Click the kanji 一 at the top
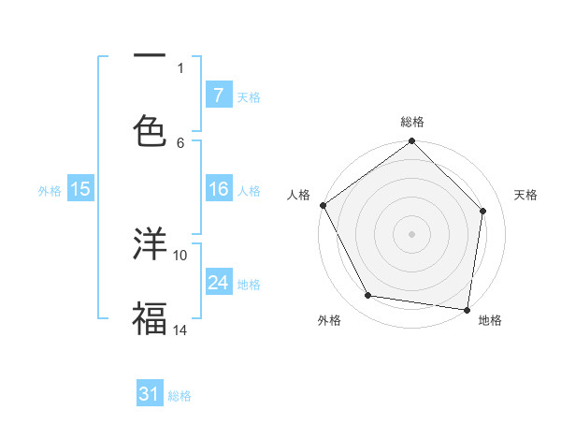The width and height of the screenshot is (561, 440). tap(151, 55)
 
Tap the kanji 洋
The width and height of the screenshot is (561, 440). tap(151, 243)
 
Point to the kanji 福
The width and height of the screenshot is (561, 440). tap(151, 317)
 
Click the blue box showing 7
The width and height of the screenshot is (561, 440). tap(218, 95)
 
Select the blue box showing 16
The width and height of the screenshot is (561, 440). tap(218, 190)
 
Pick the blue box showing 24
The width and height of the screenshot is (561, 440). tap(218, 284)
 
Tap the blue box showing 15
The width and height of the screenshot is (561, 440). tap(80, 190)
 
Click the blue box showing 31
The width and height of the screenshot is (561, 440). tap(150, 395)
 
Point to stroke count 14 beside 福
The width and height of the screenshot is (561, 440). tap(180, 330)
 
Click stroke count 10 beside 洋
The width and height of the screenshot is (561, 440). tap(180, 255)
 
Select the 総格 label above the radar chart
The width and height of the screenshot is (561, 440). tap(412, 122)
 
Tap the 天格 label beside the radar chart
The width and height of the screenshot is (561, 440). tap(526, 195)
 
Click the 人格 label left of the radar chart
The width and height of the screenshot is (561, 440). tap(298, 195)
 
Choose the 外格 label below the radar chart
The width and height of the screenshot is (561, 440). tap(329, 320)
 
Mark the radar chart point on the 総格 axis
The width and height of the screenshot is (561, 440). tap(412, 142)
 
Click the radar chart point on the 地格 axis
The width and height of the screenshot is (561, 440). tap(467, 309)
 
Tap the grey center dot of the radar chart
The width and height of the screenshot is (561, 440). tap(412, 233)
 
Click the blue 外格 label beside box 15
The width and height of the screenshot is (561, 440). tap(50, 191)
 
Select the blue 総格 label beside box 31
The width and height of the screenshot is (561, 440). tap(180, 396)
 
